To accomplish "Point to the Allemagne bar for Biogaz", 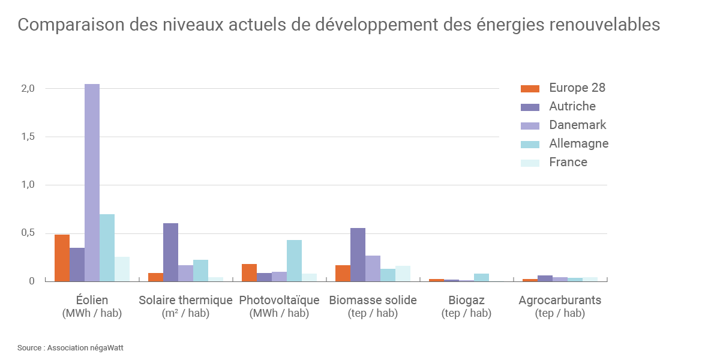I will tap(481, 277).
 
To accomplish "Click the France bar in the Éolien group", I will tap(122, 269).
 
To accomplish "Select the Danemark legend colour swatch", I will tap(530, 125).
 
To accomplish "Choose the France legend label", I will tap(568, 162).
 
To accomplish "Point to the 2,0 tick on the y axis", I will tap(29, 89).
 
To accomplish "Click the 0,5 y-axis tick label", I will tap(29, 233).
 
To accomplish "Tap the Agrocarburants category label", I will tap(560, 300).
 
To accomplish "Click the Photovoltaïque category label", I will tap(279, 300).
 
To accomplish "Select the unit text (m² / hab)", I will tap(185, 313).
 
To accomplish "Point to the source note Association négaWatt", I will tap(85, 347).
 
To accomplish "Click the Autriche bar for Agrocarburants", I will tap(545, 278).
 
